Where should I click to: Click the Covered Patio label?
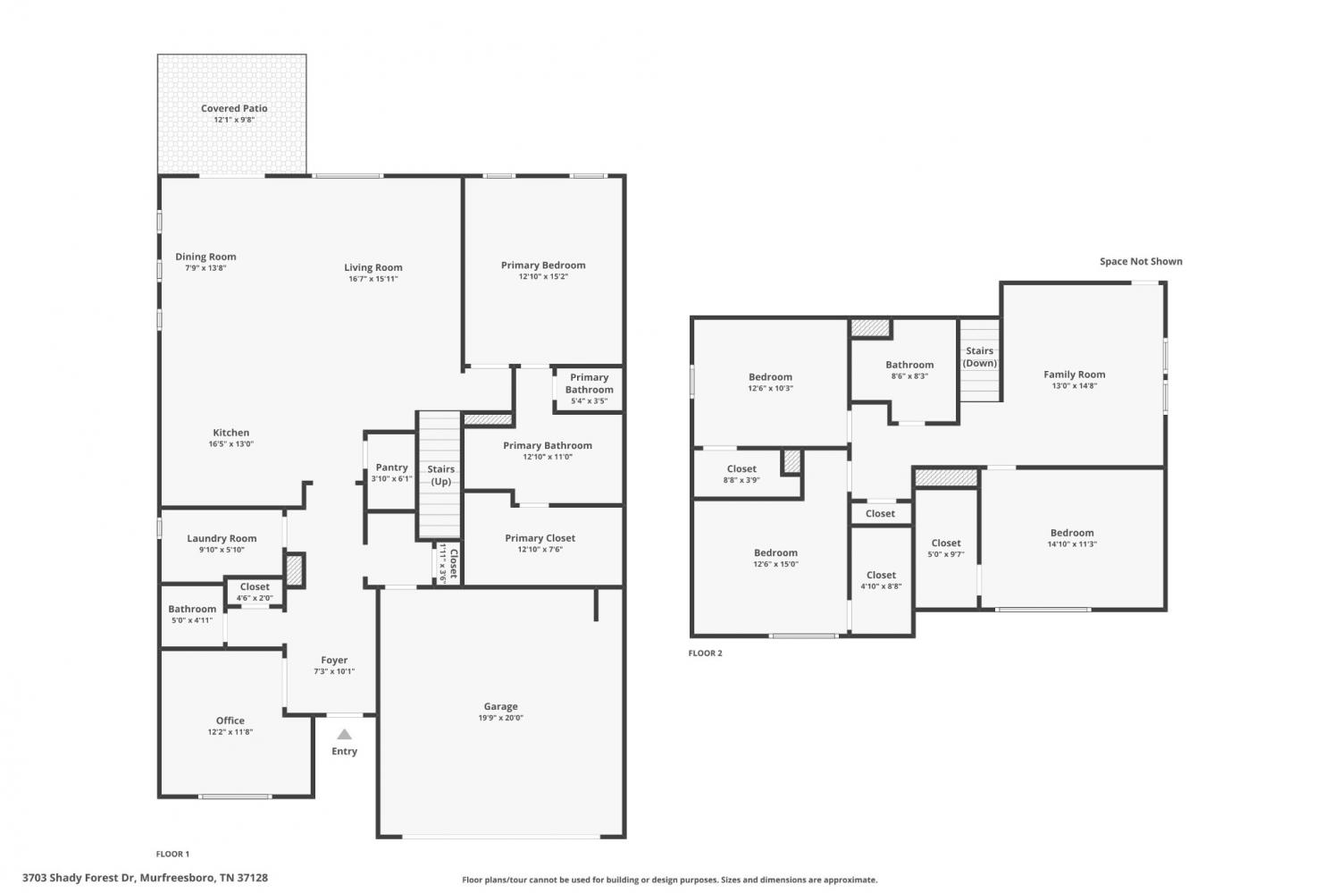234,108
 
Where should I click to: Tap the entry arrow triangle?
344,734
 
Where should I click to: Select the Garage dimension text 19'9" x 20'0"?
500,718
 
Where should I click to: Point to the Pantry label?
392,468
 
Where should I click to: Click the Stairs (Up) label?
441,476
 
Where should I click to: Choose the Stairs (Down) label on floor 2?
979,357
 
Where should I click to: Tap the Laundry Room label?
222,539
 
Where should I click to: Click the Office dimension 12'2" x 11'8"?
230,731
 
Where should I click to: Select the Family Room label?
1075,374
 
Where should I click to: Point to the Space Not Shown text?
1141,261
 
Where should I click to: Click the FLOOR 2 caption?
706,653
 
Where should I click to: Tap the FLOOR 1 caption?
172,854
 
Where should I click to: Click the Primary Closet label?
540,538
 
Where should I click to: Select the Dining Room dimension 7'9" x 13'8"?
205,267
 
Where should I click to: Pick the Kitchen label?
230,433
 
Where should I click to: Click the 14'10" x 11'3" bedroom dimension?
1072,544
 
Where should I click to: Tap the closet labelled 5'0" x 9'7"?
946,548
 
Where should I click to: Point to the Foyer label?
334,661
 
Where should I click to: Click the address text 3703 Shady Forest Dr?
79,878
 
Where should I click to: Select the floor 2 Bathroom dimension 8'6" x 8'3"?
909,375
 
